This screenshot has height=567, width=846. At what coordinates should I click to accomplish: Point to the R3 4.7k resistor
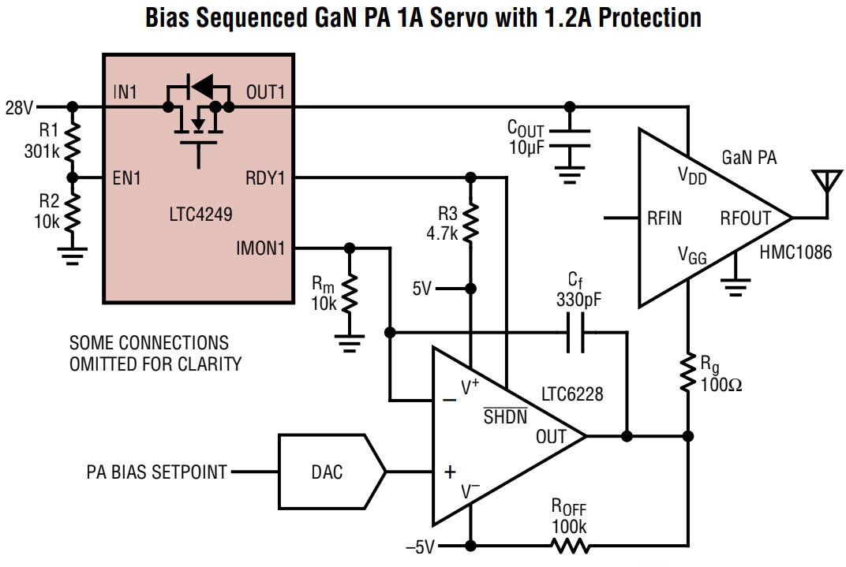point(471,223)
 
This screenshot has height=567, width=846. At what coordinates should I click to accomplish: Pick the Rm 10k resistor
point(350,293)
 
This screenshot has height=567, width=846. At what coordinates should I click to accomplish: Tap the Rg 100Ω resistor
point(688,375)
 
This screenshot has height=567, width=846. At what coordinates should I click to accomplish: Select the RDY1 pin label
point(265,178)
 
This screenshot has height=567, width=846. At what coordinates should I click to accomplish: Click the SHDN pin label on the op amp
point(505,417)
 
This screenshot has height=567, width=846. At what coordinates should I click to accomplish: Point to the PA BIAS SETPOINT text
point(156,472)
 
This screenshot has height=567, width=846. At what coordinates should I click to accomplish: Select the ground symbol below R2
point(73,253)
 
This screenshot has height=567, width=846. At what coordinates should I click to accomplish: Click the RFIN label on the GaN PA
point(664,218)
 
